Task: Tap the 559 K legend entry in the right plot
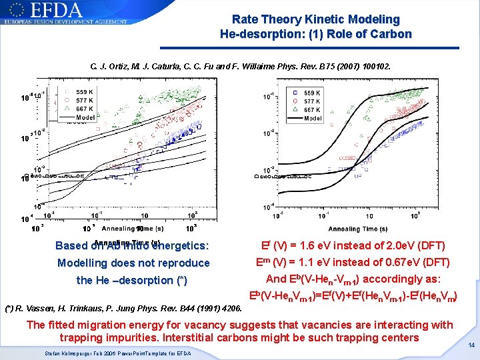(312, 93)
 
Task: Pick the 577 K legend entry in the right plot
(312, 101)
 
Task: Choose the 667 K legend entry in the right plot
(312, 110)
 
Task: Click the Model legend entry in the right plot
(313, 118)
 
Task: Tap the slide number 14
(471, 345)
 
